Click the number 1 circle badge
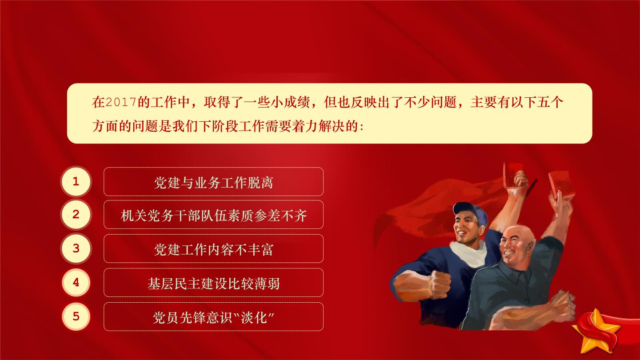pyautogui.click(x=76, y=181)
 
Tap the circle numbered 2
pyautogui.click(x=76, y=215)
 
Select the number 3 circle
pyautogui.click(x=76, y=248)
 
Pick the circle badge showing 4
pyautogui.click(x=76, y=282)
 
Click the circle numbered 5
pyautogui.click(x=76, y=316)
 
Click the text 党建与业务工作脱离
pyautogui.click(x=213, y=182)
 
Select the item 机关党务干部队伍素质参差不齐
pyautogui.click(x=213, y=215)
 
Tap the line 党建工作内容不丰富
pyautogui.click(x=213, y=249)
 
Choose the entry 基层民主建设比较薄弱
pyautogui.click(x=213, y=283)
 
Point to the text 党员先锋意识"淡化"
pyautogui.click(x=213, y=317)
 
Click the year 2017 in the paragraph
pyautogui.click(x=120, y=102)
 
